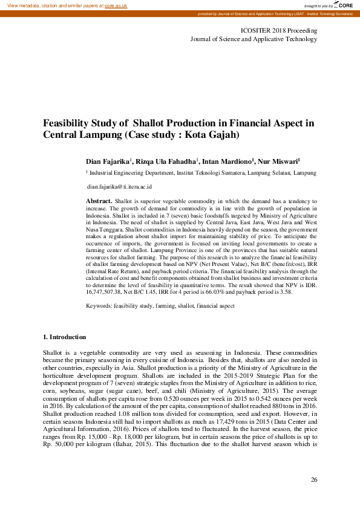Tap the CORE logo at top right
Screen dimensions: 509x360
pyautogui.click(x=343, y=5)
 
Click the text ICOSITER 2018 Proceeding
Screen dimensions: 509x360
pyautogui.click(x=279, y=30)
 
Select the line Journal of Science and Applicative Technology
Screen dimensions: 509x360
pyautogui.click(x=254, y=39)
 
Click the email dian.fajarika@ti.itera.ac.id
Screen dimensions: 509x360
pyautogui.click(x=119, y=187)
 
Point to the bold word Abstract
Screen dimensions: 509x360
pyautogui.click(x=99, y=199)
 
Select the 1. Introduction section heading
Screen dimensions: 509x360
pyautogui.click(x=64, y=337)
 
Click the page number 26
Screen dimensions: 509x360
pyautogui.click(x=313, y=480)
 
